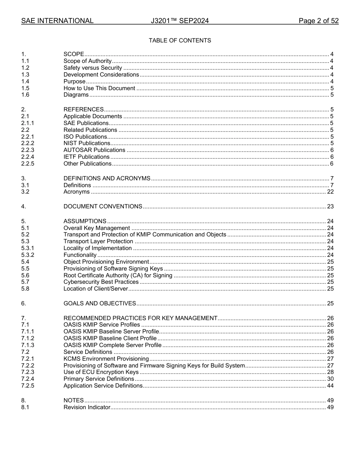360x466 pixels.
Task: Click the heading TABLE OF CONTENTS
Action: [x=180, y=41]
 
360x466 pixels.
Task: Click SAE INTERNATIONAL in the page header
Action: [x=57, y=21]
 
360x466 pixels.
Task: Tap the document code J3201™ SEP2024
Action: [x=180, y=21]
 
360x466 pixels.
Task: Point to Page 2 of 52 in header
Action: [x=318, y=21]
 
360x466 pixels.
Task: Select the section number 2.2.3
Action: [x=28, y=150]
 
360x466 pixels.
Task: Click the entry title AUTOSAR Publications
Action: [x=94, y=150]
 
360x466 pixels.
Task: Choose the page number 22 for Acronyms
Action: [x=330, y=192]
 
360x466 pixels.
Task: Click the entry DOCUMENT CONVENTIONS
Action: [x=103, y=206]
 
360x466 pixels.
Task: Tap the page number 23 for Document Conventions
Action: [x=330, y=206]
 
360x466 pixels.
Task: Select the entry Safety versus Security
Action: [x=92, y=68]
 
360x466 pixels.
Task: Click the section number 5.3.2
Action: [x=28, y=255]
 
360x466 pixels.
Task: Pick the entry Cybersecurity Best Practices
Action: [x=101, y=282]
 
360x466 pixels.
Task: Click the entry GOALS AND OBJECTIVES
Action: [x=100, y=303]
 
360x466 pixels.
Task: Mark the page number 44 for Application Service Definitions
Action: [x=330, y=386]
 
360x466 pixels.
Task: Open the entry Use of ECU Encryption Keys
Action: [x=101, y=372]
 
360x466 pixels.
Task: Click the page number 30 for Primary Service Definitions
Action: [x=330, y=379]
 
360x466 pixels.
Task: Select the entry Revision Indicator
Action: [x=87, y=407]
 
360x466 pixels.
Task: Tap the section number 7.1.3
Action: [x=28, y=345]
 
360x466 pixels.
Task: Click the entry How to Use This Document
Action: [x=99, y=88]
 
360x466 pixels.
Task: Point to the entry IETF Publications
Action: [x=86, y=157]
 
